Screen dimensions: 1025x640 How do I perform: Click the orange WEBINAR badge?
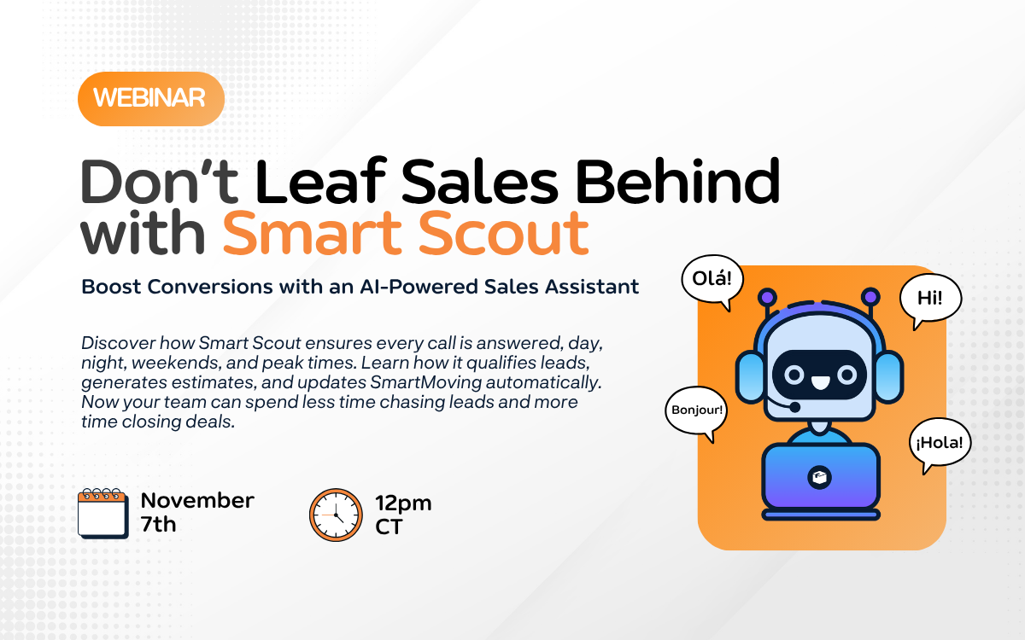[x=151, y=99]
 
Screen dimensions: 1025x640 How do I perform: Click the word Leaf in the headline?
[x=321, y=181]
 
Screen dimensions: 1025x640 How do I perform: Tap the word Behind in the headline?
[x=677, y=181]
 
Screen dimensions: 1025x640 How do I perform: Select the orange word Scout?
[x=503, y=233]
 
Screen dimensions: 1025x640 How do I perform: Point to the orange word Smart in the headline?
[x=312, y=233]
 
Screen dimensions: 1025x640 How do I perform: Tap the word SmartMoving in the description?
[x=425, y=382]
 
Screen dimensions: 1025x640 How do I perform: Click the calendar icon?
[x=103, y=514]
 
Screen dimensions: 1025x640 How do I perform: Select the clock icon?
[x=336, y=515]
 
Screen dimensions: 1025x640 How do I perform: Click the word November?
[x=197, y=501]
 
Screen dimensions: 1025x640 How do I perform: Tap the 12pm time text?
[x=403, y=503]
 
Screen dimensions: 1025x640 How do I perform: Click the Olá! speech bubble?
[x=712, y=280]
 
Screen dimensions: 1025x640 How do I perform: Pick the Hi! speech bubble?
[x=930, y=299]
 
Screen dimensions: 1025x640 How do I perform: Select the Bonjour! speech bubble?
[x=696, y=410]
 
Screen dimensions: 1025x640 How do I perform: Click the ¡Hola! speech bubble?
[x=940, y=444]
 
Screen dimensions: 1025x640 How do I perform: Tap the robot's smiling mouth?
[x=819, y=382]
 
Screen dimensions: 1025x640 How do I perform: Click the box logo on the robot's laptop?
[x=819, y=478]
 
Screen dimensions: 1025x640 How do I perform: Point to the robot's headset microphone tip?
[x=795, y=406]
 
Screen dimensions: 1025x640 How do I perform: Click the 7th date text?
[x=158, y=524]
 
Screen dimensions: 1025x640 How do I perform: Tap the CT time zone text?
[x=389, y=527]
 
